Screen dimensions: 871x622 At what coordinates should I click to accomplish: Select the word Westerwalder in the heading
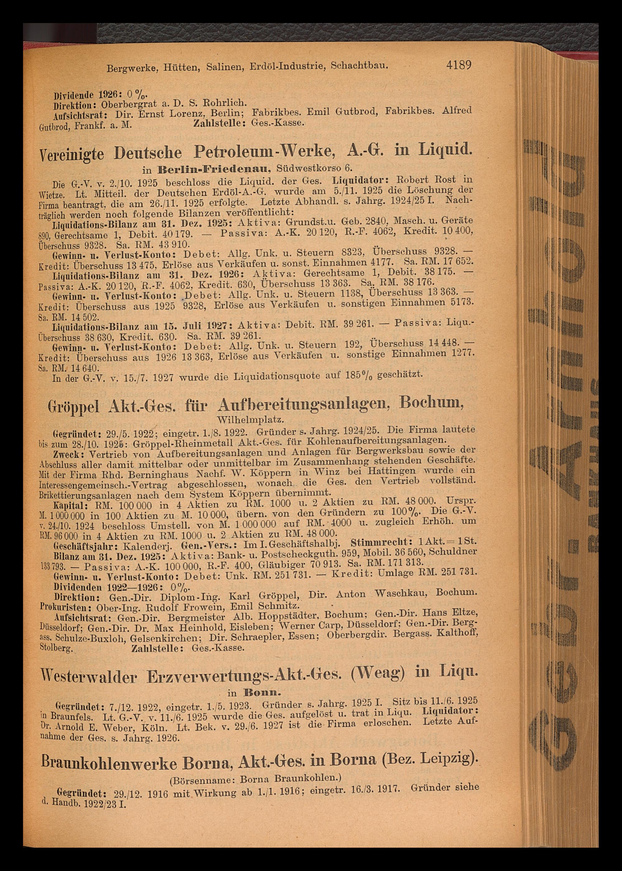click(x=88, y=677)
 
